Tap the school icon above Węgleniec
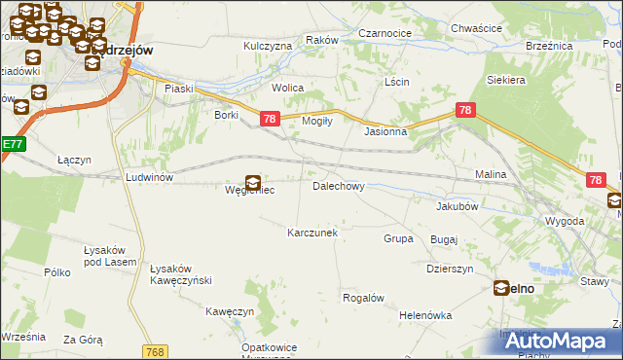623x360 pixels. click(x=253, y=182)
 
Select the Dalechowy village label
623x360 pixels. click(x=338, y=186)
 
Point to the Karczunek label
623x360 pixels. click(x=311, y=234)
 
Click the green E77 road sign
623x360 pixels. click(x=12, y=144)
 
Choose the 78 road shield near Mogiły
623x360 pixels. click(x=271, y=119)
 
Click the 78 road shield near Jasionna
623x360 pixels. click(x=465, y=111)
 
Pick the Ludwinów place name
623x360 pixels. click(x=149, y=178)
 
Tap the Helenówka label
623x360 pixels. click(x=426, y=316)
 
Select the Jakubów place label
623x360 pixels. click(x=457, y=206)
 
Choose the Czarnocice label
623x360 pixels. click(x=385, y=33)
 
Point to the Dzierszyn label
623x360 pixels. click(x=450, y=270)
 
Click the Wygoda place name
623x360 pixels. click(x=565, y=222)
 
